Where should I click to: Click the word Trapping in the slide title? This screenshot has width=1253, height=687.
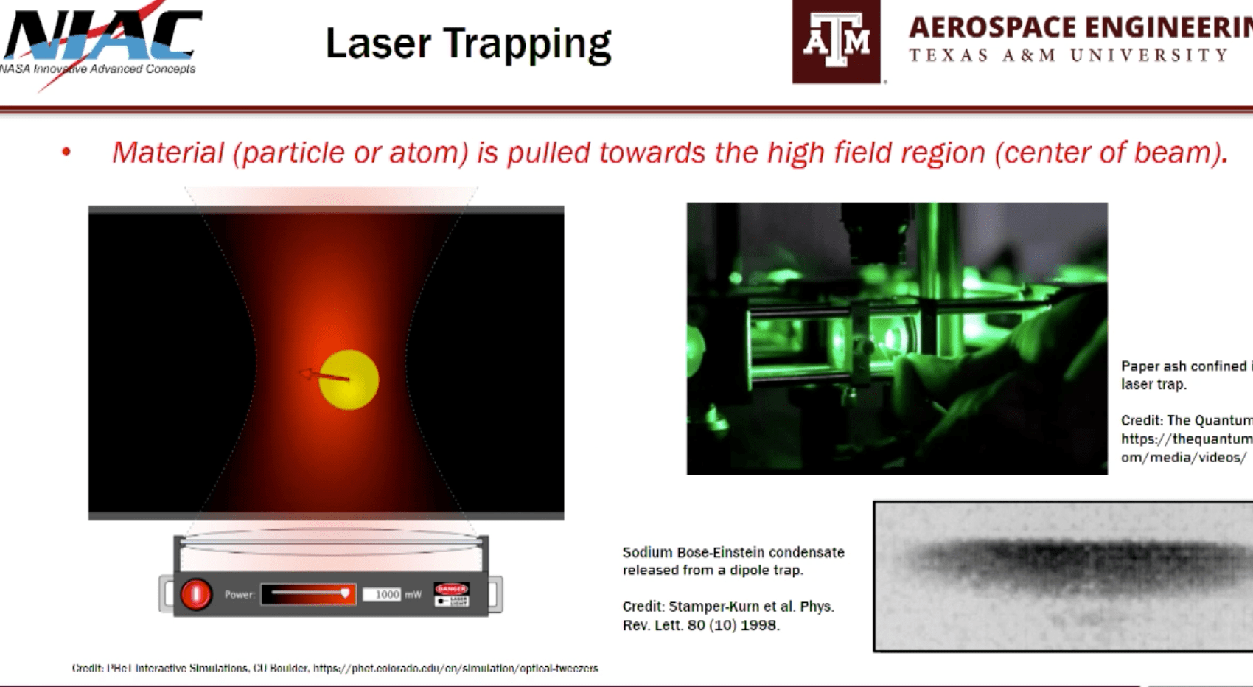pyautogui.click(x=527, y=44)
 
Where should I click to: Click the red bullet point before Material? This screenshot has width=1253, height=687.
pyautogui.click(x=66, y=152)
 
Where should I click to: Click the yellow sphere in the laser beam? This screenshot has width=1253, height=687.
pyautogui.click(x=349, y=380)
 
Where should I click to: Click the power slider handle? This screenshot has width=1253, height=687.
pyautogui.click(x=344, y=593)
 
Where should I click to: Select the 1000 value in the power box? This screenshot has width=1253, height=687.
pyautogui.click(x=387, y=594)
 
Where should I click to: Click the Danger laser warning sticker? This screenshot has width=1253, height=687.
pyautogui.click(x=452, y=594)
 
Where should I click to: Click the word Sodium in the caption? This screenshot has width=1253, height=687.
pyautogui.click(x=647, y=552)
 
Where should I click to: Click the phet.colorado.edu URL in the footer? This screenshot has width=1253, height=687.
pyautogui.click(x=455, y=669)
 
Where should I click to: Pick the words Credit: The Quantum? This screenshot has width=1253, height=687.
pyautogui.click(x=1186, y=420)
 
